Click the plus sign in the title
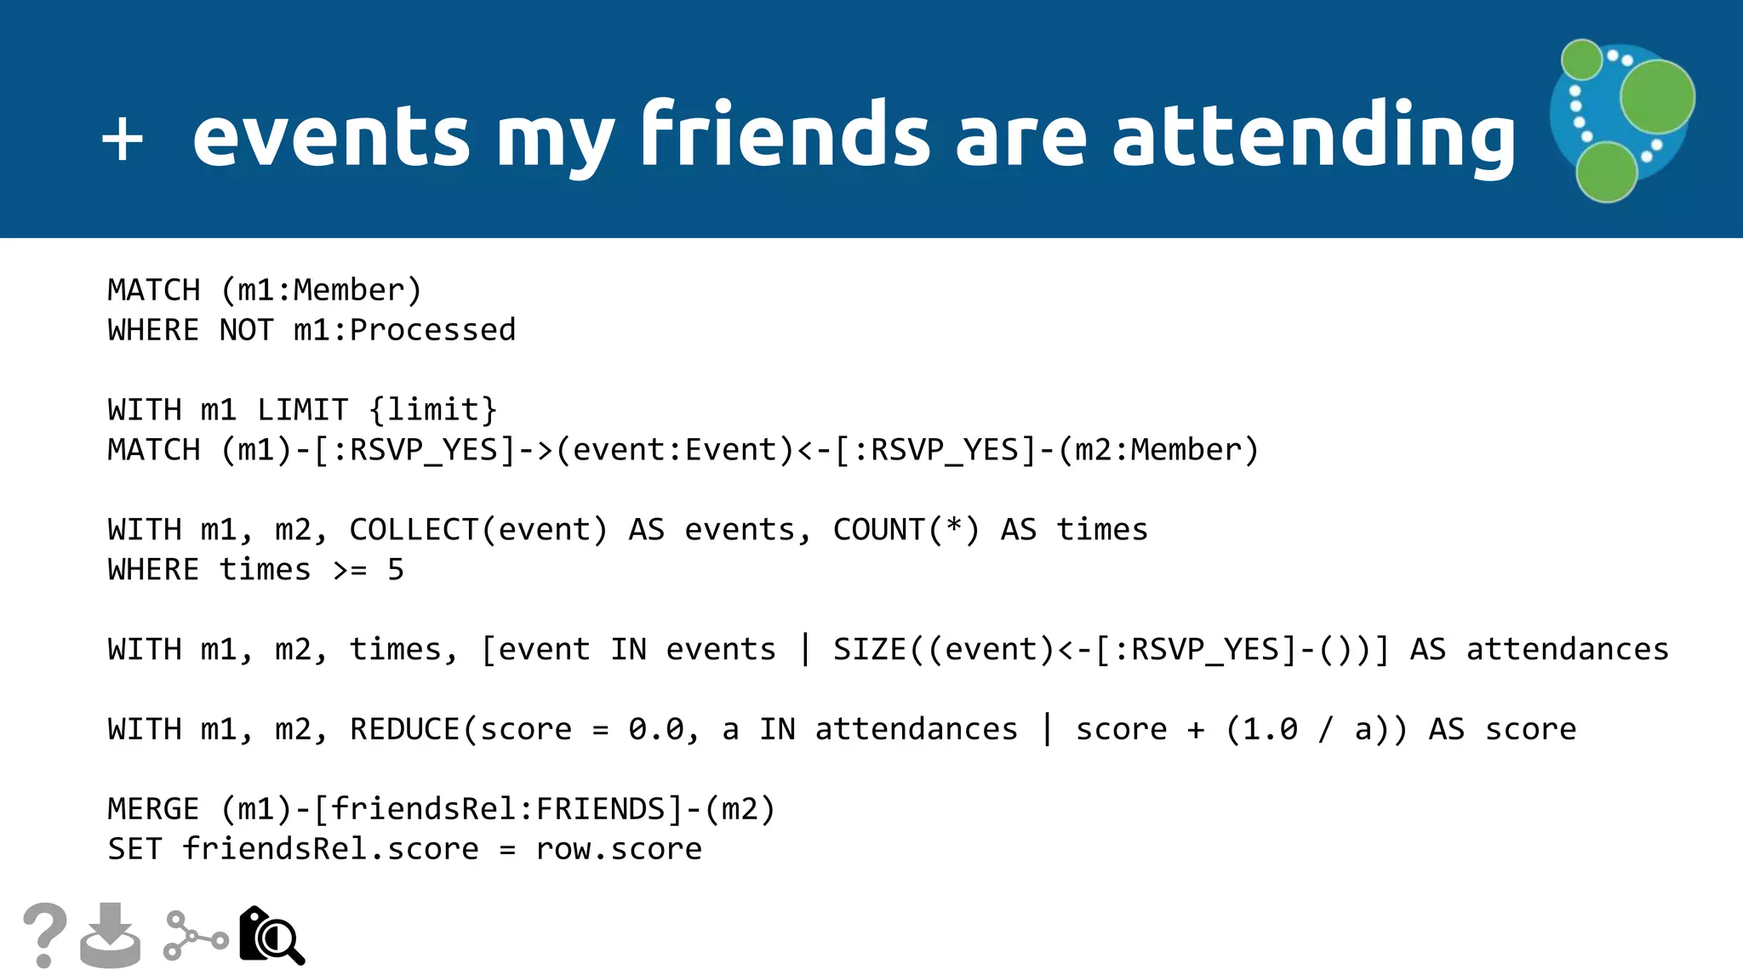click(123, 137)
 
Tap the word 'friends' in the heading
click(785, 134)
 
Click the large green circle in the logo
click(1656, 97)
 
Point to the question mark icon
click(44, 935)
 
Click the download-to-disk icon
click(111, 935)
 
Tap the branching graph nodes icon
click(195, 936)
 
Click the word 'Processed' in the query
click(432, 330)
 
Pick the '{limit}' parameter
click(432, 410)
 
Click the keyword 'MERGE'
click(153, 809)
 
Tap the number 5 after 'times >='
click(396, 570)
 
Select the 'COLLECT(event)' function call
click(478, 530)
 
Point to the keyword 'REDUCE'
click(404, 729)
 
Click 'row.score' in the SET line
click(619, 849)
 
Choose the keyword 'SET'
click(134, 849)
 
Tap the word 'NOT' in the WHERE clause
click(247, 330)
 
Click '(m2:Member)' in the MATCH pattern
click(1157, 450)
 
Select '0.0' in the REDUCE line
click(656, 729)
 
